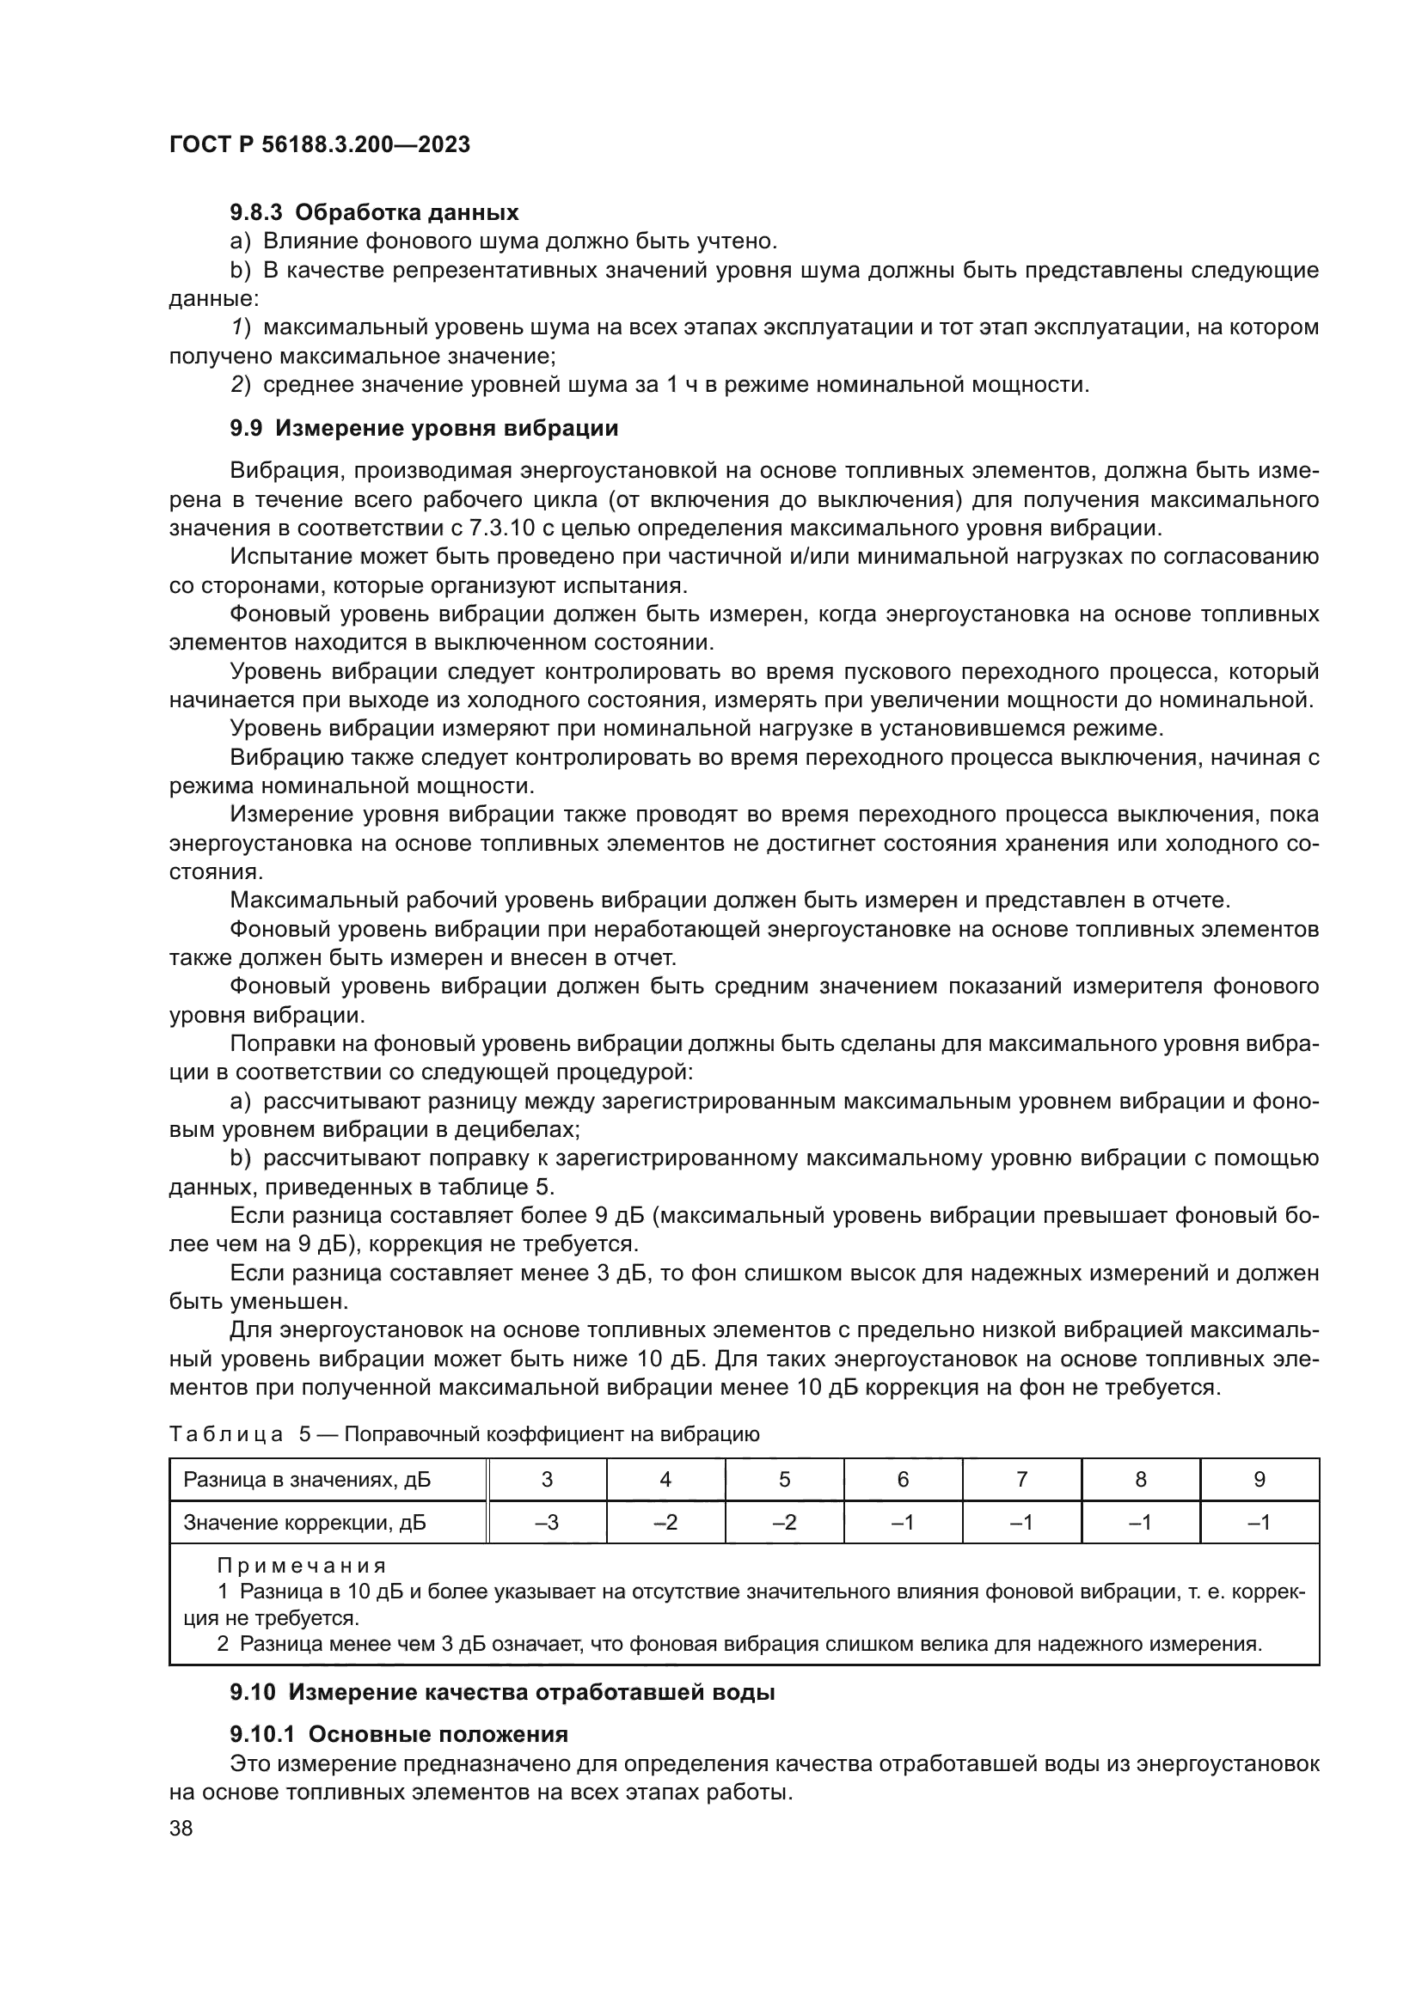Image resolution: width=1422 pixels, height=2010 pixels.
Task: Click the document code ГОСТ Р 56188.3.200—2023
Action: [320, 144]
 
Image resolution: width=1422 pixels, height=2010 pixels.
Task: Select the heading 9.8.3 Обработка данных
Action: [374, 213]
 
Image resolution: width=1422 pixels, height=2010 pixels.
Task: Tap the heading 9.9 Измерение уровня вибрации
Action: [424, 428]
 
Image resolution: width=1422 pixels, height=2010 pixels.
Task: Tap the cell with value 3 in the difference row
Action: [548, 1480]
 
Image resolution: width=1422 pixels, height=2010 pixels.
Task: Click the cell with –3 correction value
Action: [548, 1523]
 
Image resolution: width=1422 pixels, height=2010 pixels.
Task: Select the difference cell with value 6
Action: [903, 1480]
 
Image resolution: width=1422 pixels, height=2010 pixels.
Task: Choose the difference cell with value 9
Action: [1260, 1480]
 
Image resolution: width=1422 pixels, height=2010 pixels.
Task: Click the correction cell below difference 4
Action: [665, 1523]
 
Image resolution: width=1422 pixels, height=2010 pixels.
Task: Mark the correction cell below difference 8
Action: [1140, 1523]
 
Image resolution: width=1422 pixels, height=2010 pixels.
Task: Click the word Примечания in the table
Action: [301, 1565]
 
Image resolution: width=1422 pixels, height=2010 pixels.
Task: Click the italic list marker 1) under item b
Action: [242, 327]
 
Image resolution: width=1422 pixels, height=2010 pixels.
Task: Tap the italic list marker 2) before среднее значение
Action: [242, 384]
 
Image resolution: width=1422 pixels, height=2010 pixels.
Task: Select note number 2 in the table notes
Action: [223, 1643]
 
